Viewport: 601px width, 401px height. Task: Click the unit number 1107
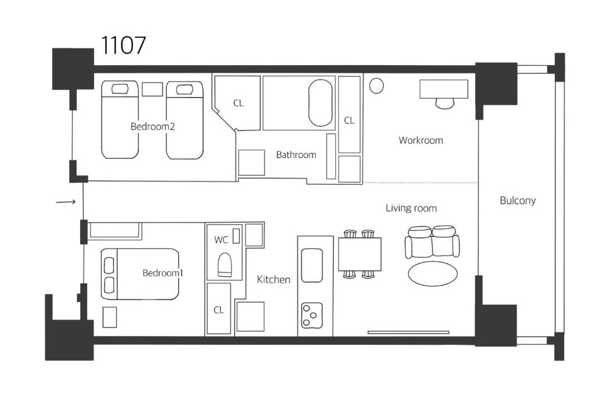click(123, 45)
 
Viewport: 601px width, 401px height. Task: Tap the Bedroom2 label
click(152, 126)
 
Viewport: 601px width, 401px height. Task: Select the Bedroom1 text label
click(162, 273)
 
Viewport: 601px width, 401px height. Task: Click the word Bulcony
click(518, 200)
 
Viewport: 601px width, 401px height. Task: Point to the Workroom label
click(421, 140)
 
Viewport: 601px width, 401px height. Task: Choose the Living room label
click(411, 208)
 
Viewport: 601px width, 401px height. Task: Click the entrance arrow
click(66, 202)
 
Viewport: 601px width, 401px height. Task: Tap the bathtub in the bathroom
click(321, 103)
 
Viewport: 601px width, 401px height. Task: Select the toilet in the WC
click(225, 265)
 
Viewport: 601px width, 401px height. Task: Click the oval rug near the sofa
click(432, 274)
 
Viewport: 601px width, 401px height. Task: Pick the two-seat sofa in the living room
click(432, 241)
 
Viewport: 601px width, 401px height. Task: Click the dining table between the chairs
click(359, 254)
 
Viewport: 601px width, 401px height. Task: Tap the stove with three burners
click(312, 315)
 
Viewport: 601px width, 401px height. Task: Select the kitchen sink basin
click(312, 265)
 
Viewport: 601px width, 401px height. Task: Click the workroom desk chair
click(445, 103)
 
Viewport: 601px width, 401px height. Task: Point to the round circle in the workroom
click(376, 86)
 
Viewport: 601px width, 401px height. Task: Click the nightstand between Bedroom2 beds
click(152, 90)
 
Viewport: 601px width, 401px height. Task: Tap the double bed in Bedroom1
click(140, 274)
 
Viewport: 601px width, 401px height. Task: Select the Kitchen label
click(273, 280)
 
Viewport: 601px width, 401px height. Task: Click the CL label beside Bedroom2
click(238, 103)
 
